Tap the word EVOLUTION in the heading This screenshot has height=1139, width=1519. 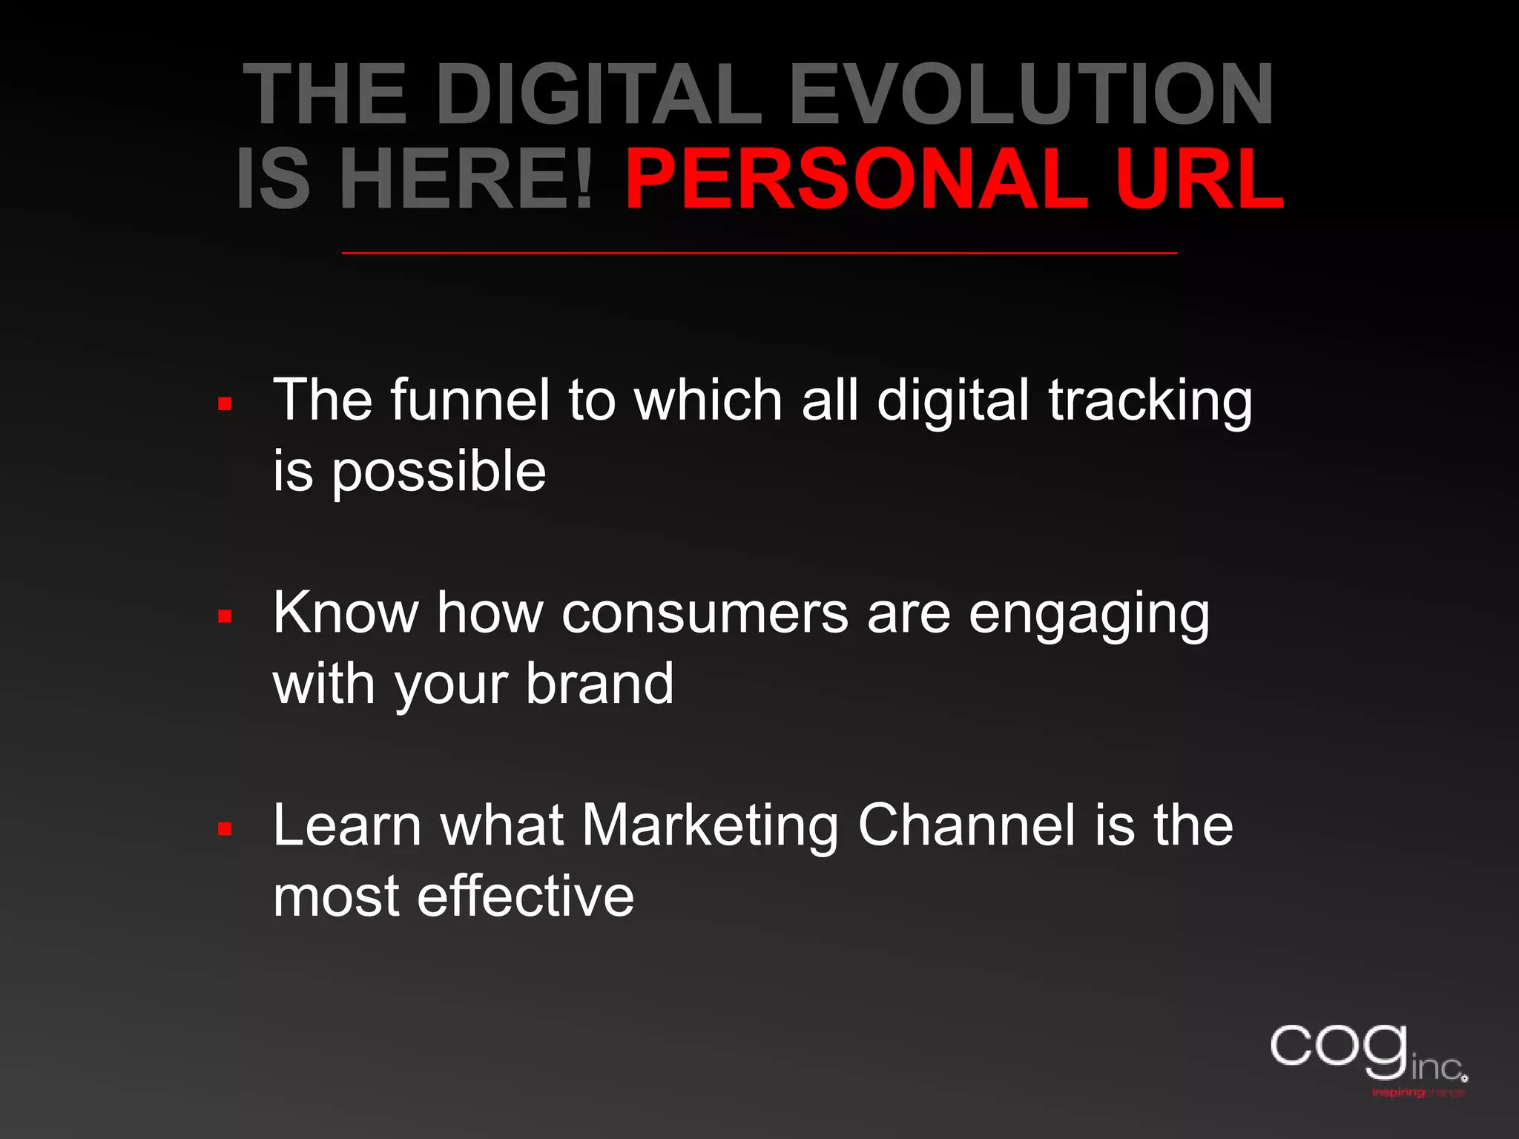pos(1031,94)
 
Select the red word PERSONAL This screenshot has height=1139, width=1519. pos(856,180)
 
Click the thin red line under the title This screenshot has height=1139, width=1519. pos(759,254)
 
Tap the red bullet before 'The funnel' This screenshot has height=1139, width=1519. pos(225,404)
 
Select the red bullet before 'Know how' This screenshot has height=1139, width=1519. pos(225,616)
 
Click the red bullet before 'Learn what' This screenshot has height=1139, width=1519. pos(225,828)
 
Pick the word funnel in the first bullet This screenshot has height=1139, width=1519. pos(470,400)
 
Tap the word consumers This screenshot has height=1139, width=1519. pos(705,614)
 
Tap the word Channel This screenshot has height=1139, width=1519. pos(966,825)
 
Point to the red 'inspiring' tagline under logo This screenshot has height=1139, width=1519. pos(1399,1093)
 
